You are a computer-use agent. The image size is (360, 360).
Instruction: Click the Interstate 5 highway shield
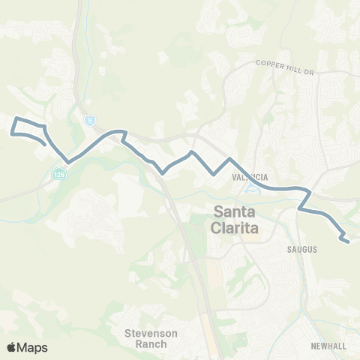tap(90, 118)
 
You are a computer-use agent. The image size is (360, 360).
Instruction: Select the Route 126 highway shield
tap(58, 174)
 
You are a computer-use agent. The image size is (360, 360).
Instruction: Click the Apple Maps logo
tap(27, 347)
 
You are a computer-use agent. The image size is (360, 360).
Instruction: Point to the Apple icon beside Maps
tap(11, 347)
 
